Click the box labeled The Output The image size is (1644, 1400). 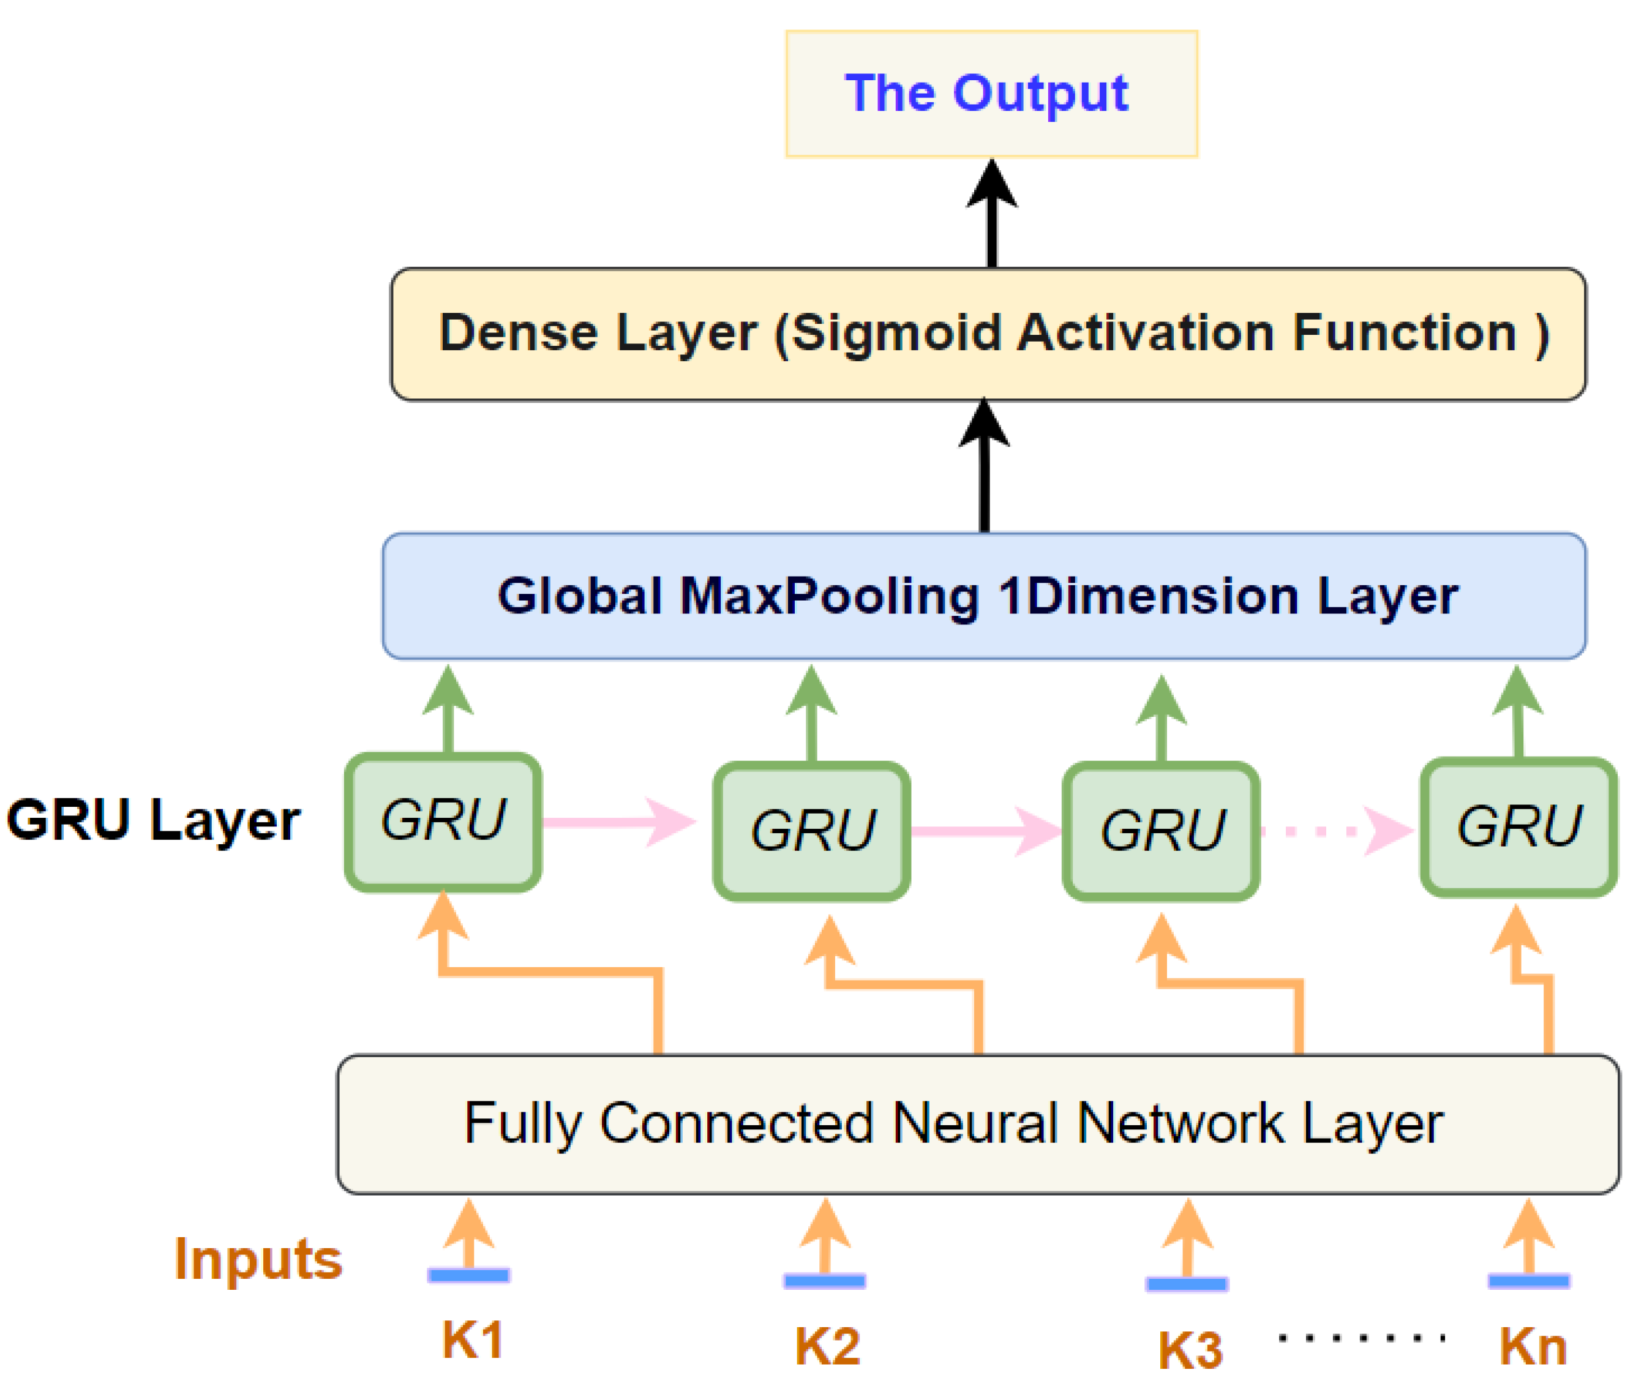pyautogui.click(x=991, y=94)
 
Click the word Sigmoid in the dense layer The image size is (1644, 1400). pyautogui.click(x=896, y=332)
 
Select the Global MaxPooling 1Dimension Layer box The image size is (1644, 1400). pyautogui.click(x=984, y=596)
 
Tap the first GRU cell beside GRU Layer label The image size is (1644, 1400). pyautogui.click(x=443, y=822)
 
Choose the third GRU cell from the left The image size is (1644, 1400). pyautogui.click(x=1161, y=831)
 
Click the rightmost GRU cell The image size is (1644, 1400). pyautogui.click(x=1518, y=827)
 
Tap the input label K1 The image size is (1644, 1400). pyautogui.click(x=472, y=1341)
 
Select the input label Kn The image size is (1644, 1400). pyautogui.click(x=1533, y=1346)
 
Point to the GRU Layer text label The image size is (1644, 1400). pyautogui.click(x=153, y=820)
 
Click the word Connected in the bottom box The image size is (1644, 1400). pyautogui.click(x=737, y=1124)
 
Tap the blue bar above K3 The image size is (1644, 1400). pyautogui.click(x=1187, y=1284)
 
